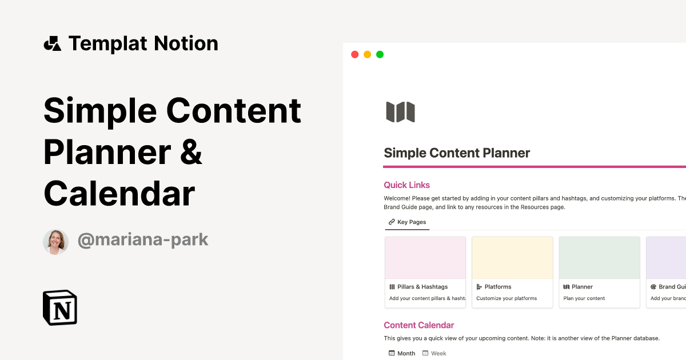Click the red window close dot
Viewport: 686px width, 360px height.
[354, 55]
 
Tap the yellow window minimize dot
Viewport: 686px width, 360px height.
[367, 55]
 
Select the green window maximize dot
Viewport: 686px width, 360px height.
[380, 55]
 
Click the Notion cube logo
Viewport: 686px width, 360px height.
[60, 307]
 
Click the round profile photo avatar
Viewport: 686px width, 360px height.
[55, 242]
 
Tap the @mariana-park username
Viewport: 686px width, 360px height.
[143, 240]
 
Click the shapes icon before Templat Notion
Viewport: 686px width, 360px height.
[52, 43]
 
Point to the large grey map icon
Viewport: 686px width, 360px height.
[400, 112]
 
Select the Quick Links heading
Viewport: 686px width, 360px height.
[406, 185]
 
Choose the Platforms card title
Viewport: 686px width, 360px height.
[497, 287]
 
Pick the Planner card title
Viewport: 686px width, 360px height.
[582, 287]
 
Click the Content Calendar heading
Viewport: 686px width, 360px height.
[418, 325]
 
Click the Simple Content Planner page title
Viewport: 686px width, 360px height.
[457, 153]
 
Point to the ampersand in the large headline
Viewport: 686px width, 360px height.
[191, 152]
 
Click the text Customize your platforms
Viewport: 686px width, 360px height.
[506, 298]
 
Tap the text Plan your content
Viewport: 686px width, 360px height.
[584, 298]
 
